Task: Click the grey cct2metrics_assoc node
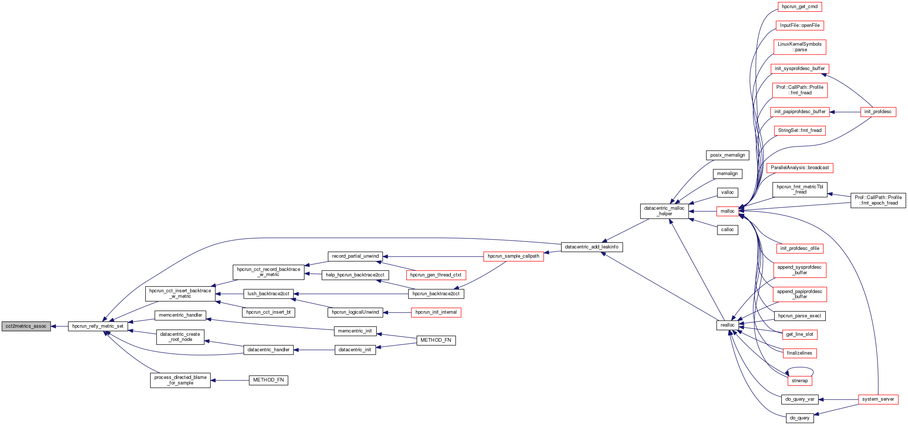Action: (26, 326)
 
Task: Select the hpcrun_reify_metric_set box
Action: (98, 326)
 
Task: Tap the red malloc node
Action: (727, 211)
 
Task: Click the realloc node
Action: (727, 325)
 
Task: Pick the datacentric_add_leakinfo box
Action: (592, 247)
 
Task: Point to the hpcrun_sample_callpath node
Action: (513, 256)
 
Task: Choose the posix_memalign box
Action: (727, 155)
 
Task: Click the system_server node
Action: (878, 399)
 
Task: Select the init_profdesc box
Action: (878, 112)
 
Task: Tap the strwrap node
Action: (800, 381)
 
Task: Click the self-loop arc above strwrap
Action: (800, 367)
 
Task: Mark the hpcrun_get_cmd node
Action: (800, 7)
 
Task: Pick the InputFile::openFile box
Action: (800, 25)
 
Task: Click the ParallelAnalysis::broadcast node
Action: (800, 168)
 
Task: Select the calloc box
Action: (727, 230)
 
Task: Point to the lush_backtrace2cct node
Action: (268, 294)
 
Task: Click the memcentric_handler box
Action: (180, 315)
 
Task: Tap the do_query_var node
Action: (800, 399)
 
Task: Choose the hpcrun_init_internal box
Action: (436, 312)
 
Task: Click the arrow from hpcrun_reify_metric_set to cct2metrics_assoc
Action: (59, 326)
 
